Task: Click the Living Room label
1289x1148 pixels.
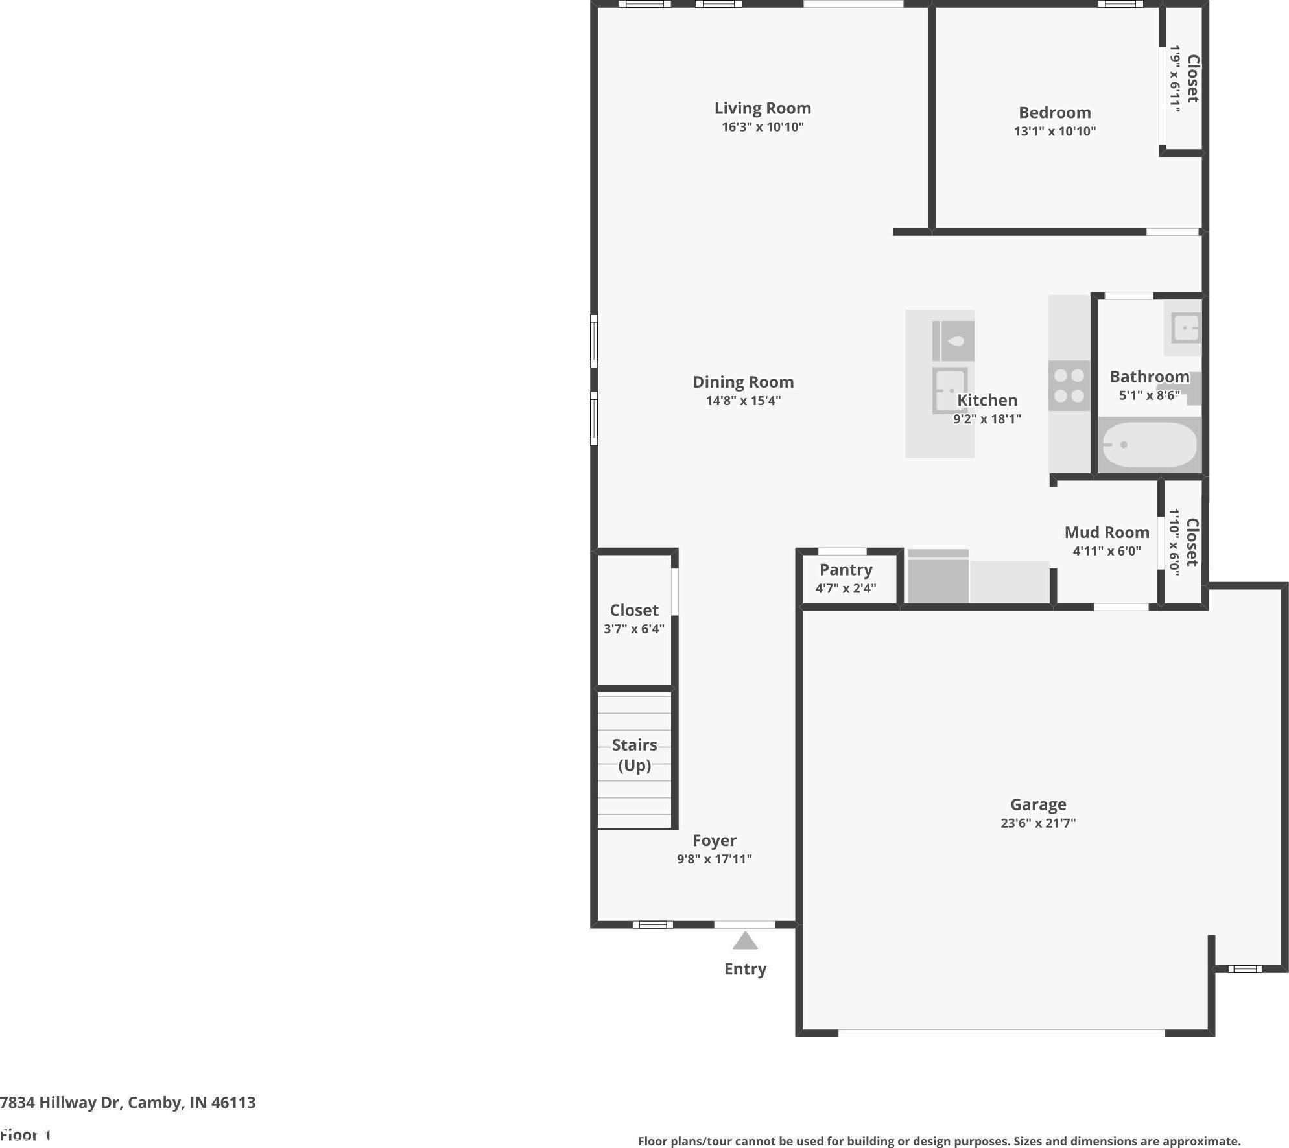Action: [x=763, y=108]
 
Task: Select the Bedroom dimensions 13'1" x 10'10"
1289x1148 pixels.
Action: [x=1055, y=131]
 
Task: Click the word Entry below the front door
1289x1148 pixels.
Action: [x=745, y=969]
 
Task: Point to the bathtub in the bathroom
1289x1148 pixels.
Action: [x=1150, y=445]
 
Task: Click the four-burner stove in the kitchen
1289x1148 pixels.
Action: [x=1069, y=386]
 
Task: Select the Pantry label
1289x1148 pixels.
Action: [x=846, y=570]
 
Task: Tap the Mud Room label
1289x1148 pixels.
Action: [x=1107, y=532]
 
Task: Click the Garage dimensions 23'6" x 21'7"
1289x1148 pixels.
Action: [x=1038, y=823]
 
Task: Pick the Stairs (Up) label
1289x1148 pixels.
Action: [x=634, y=755]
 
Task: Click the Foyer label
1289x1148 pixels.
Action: [x=715, y=841]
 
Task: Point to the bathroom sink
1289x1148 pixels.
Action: [x=1185, y=328]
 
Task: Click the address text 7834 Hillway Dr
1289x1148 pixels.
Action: [x=61, y=1103]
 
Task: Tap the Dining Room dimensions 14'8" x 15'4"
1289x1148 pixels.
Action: [x=743, y=401]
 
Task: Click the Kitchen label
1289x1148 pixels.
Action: [x=987, y=401]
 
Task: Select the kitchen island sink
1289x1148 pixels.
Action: [x=950, y=390]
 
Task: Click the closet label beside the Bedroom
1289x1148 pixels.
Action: [x=1192, y=78]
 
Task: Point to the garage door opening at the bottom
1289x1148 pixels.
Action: [x=1001, y=1033]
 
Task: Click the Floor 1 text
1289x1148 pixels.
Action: [x=25, y=1135]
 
